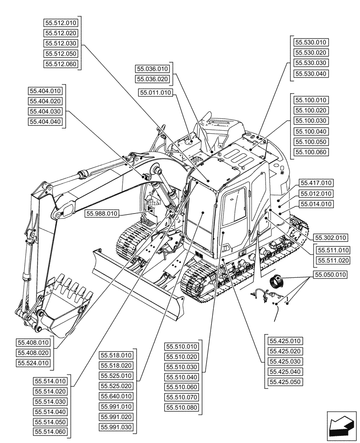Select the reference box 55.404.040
click(45, 121)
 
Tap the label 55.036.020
click(153, 79)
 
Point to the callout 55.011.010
click(155, 93)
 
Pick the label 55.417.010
click(316, 183)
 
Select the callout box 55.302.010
click(331, 237)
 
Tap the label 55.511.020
click(333, 260)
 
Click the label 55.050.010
click(330, 275)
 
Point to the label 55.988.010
click(102, 214)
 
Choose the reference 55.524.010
click(34, 363)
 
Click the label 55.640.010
click(116, 396)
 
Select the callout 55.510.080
click(182, 408)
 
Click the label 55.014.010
click(316, 204)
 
